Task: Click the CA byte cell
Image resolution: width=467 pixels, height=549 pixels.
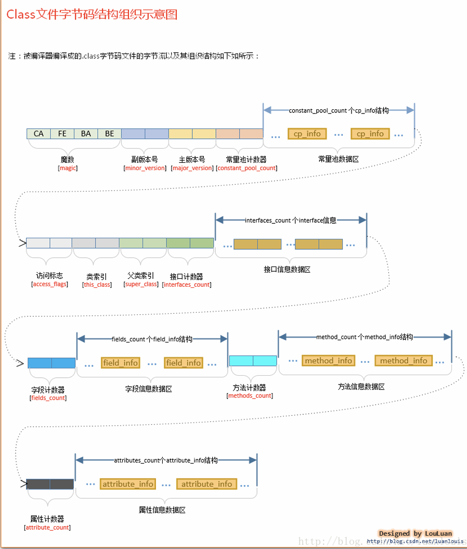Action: point(38,134)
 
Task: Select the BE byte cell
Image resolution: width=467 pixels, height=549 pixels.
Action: point(109,134)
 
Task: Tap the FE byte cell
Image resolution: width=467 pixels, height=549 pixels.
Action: point(62,134)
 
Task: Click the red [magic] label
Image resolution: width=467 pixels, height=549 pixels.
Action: point(68,168)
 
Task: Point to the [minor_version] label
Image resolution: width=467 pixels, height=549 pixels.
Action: point(145,168)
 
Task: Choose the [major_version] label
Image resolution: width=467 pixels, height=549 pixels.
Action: point(192,168)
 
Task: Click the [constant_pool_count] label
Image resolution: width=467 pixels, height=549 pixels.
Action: point(247,168)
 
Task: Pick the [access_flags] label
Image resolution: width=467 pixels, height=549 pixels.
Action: point(49,284)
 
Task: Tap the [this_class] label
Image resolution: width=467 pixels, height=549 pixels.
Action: point(97,285)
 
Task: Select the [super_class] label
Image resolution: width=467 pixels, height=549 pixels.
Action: point(140,284)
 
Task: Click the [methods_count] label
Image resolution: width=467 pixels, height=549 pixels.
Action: point(250,396)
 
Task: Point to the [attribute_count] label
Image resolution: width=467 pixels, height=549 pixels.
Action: point(47,528)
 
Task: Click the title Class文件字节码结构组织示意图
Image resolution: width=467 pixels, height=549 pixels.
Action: point(92,15)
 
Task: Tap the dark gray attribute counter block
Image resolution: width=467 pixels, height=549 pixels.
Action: point(50,484)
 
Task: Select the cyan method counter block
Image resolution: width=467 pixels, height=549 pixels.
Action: point(253,361)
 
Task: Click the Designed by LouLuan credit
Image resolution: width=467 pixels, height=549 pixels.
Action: point(415,533)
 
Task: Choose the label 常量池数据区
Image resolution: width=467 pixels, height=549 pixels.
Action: point(338,158)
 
